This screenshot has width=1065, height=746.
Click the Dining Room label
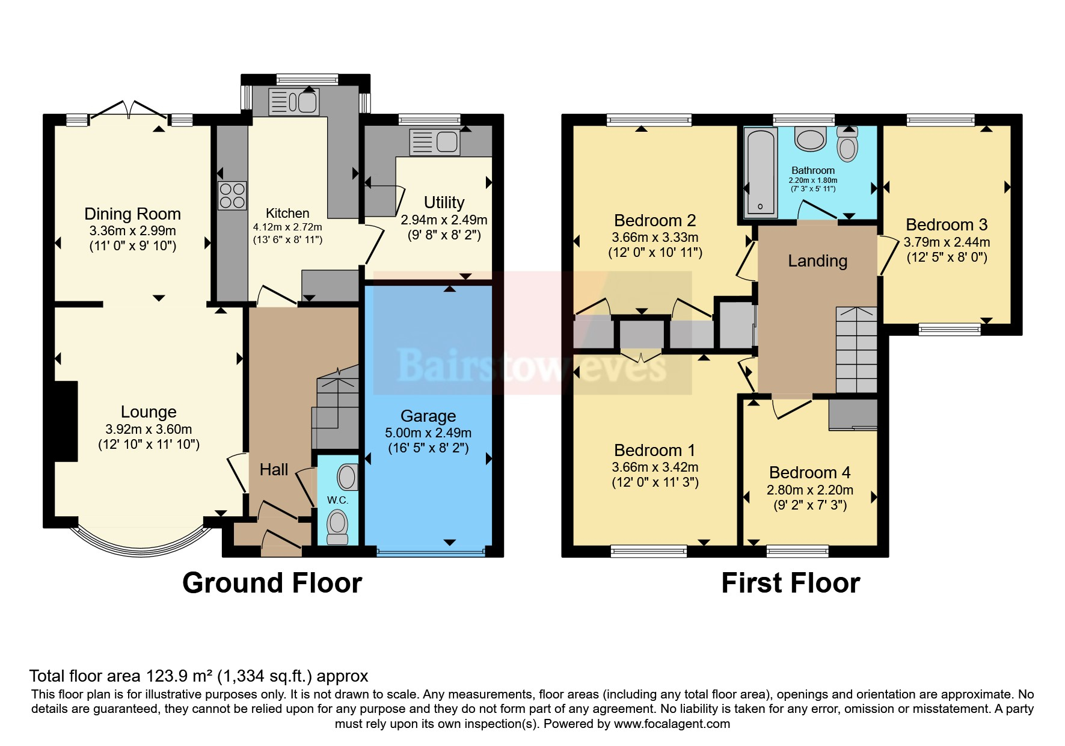[x=132, y=214]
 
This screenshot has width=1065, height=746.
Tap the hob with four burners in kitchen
[x=232, y=196]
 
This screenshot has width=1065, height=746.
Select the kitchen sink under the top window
[x=293, y=102]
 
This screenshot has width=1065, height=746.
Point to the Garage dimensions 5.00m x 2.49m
[x=428, y=433]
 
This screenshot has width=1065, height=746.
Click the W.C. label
[x=337, y=500]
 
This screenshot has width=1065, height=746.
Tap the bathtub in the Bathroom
[x=760, y=173]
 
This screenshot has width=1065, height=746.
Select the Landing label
[x=817, y=261]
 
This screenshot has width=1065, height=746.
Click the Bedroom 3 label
[x=947, y=225]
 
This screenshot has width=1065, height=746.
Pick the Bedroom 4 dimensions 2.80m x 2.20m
[x=809, y=490]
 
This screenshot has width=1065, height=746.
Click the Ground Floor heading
[x=272, y=583]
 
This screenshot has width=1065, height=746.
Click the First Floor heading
[x=790, y=583]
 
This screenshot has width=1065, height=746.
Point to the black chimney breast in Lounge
[x=66, y=421]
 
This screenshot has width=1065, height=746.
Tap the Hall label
[x=274, y=470]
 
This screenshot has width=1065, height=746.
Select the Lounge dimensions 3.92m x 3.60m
[x=149, y=430]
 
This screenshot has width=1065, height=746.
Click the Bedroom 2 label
[x=655, y=221]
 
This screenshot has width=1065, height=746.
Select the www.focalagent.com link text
[x=672, y=724]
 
